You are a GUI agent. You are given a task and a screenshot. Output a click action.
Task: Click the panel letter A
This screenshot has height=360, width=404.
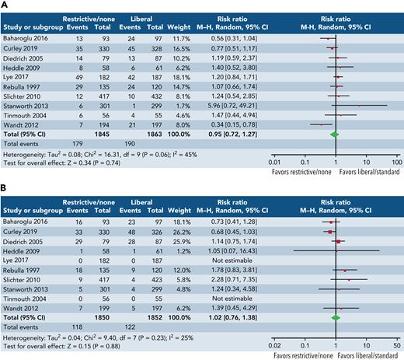pos(5,5)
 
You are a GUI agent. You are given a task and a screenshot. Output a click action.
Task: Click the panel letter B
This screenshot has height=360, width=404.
pos(5,186)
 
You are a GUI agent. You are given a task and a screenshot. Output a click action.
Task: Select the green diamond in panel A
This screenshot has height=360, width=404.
pos(334,113)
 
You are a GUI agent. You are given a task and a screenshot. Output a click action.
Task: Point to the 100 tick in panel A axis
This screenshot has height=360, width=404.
pos(395,139)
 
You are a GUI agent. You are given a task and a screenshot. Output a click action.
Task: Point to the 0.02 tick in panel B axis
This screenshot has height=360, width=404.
pos(276,323)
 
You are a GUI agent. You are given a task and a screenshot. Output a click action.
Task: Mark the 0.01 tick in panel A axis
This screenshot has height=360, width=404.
pos(273,139)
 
